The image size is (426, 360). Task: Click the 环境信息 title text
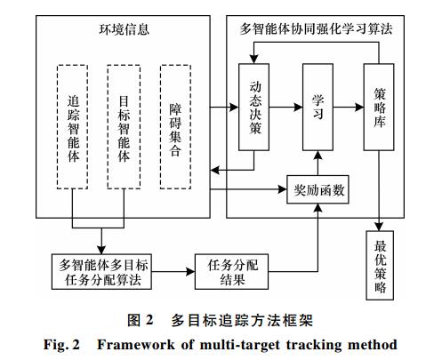[x=124, y=29]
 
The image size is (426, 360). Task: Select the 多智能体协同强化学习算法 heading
[x=316, y=29]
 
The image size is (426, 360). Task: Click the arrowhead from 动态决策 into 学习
[x=298, y=107]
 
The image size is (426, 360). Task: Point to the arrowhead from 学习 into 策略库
[x=359, y=107]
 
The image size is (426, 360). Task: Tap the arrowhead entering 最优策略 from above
[x=379, y=227]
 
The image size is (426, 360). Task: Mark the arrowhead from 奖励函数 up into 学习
[x=317, y=156]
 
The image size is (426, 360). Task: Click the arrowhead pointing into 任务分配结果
[x=190, y=271]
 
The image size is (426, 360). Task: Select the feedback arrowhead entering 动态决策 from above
[x=253, y=59]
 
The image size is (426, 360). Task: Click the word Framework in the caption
[x=136, y=345]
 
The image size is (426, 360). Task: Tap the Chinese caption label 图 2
[x=141, y=320]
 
